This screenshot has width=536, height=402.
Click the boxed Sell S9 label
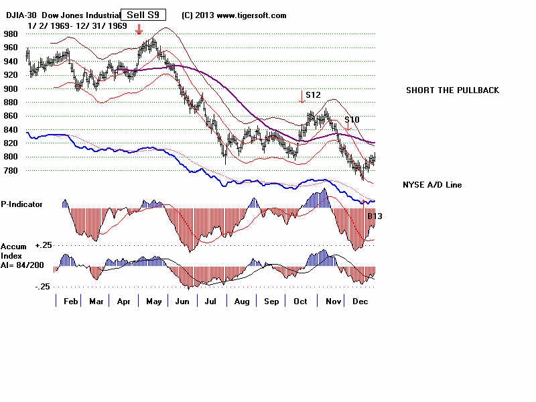(x=143, y=15)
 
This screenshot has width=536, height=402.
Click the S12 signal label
(x=312, y=95)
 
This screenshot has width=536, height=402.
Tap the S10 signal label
(x=352, y=119)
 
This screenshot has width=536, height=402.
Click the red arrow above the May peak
(x=139, y=29)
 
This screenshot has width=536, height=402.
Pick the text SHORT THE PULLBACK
(x=452, y=90)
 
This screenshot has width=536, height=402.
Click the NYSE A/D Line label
(x=432, y=185)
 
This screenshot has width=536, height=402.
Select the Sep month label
(x=271, y=301)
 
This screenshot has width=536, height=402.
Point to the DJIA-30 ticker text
(x=23, y=15)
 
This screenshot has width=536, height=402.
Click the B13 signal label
(x=375, y=216)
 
